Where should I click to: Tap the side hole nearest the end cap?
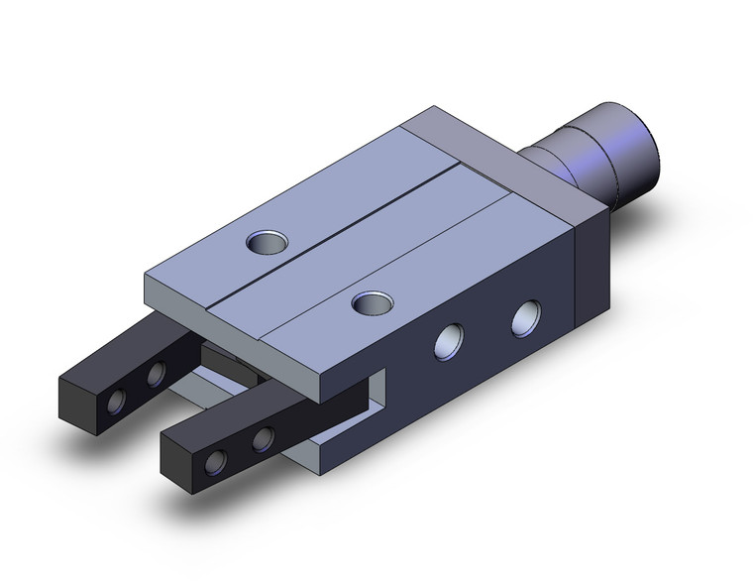click(526, 319)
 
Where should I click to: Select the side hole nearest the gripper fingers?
click(452, 341)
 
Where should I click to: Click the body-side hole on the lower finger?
click(263, 438)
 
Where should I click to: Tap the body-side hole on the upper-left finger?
click(156, 375)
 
